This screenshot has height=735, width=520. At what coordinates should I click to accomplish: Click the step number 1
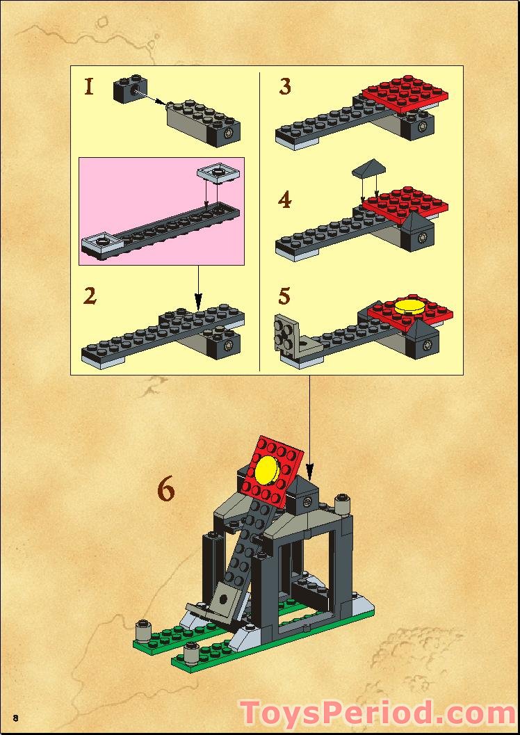88,87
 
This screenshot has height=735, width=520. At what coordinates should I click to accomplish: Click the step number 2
89,296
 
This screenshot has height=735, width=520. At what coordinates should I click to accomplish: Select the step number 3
285,87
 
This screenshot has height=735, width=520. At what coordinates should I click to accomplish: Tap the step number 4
285,200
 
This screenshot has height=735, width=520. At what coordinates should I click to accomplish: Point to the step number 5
284,296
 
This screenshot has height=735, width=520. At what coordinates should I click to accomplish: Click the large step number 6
165,490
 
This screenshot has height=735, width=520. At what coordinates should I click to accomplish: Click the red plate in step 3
405,93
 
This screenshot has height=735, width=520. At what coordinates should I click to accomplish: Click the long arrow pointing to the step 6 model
310,424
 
